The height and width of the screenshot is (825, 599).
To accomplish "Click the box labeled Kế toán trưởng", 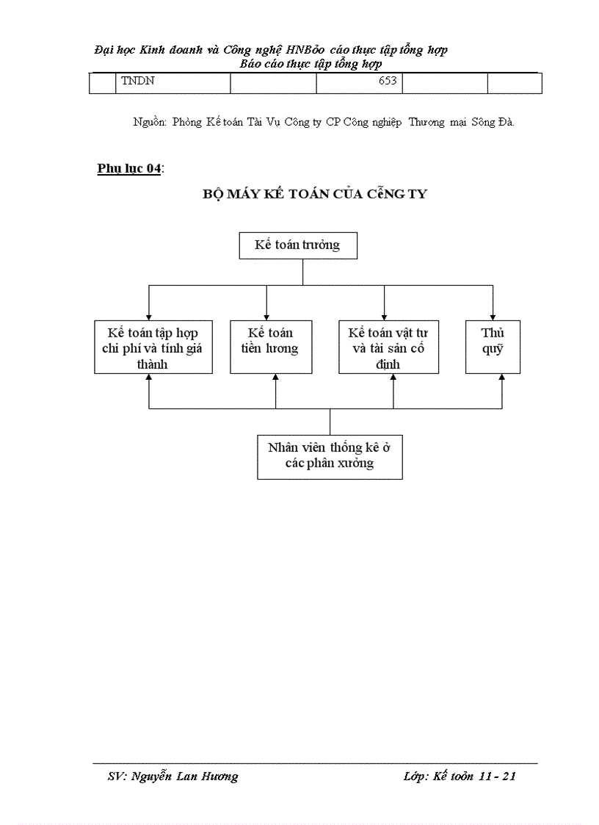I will (298, 245).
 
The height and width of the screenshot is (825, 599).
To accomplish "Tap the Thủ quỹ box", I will (493, 347).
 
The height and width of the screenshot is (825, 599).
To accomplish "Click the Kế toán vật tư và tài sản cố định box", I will (388, 347).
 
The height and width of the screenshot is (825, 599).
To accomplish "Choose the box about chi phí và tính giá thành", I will (153, 347).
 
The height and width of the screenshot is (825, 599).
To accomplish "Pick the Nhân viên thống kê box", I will (330, 456).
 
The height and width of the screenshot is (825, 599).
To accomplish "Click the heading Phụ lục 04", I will (129, 169).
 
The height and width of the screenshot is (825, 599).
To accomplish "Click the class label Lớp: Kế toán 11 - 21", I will (460, 777).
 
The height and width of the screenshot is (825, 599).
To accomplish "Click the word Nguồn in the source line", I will (150, 123).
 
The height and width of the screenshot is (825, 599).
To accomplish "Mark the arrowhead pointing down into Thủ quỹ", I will (493, 316).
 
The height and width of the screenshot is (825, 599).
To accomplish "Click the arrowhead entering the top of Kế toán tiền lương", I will (266, 316).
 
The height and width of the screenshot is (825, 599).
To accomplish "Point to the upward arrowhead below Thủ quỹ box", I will (502, 378).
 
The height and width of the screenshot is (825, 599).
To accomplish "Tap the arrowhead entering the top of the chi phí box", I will (149, 316).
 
